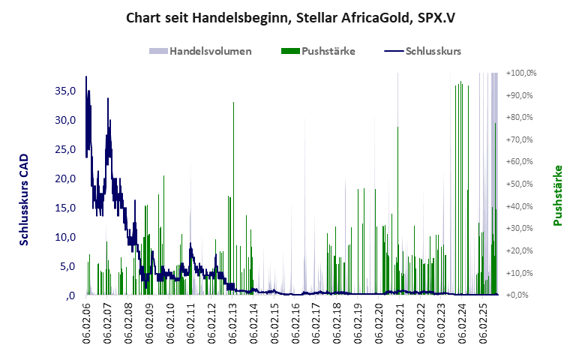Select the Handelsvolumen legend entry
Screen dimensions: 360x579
[200, 52]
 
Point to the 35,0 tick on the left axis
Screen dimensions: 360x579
[65, 91]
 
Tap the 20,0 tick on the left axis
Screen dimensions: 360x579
[65, 178]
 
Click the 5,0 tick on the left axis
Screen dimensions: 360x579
[67, 266]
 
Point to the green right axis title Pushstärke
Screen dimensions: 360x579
[557, 195]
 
